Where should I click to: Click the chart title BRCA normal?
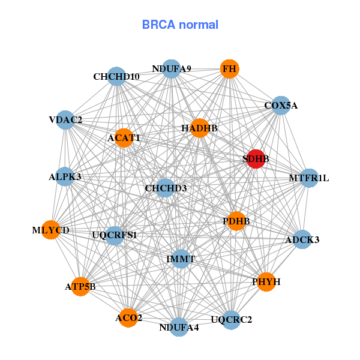[x=180, y=25]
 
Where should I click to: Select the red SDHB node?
[x=256, y=159]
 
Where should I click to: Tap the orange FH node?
[x=229, y=69]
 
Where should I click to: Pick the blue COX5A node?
[x=281, y=106]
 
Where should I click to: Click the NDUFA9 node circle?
[x=172, y=68]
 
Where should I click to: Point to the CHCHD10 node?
[x=116, y=77]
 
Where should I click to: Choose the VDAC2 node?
[x=65, y=120]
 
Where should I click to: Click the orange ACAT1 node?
[x=124, y=138]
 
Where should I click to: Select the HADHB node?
[x=199, y=128]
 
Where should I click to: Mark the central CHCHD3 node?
[x=166, y=188]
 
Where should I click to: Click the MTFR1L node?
[x=309, y=178]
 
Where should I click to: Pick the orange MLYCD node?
[x=51, y=230]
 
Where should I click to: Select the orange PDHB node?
[x=236, y=221]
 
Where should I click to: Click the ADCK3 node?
[x=302, y=240]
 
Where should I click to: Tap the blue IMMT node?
[x=181, y=259]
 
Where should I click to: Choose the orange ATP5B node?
[x=80, y=287]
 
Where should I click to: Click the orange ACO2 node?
[x=128, y=317]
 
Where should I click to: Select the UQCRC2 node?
[x=232, y=319]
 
